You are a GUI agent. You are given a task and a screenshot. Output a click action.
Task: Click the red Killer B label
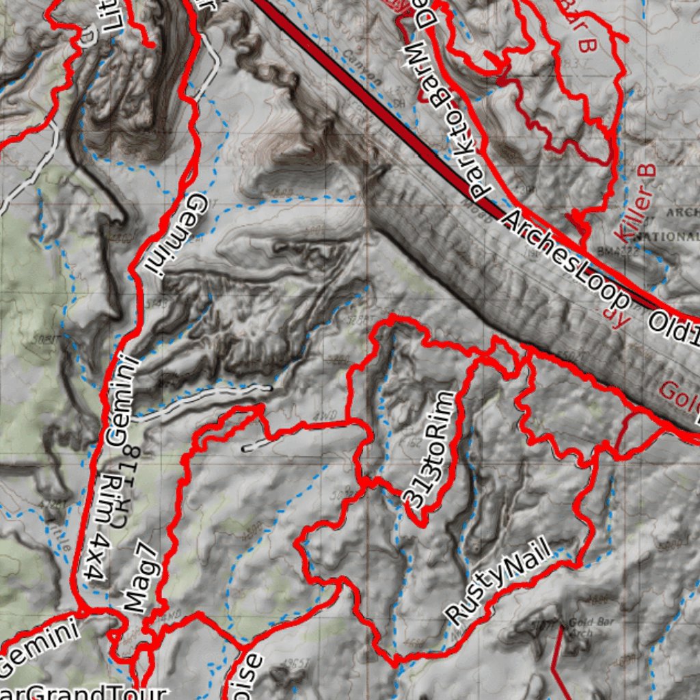tap(635, 202)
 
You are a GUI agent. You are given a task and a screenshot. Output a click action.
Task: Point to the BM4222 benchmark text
tap(615, 252)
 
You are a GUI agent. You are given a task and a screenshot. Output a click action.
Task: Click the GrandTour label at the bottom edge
tap(89, 692)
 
